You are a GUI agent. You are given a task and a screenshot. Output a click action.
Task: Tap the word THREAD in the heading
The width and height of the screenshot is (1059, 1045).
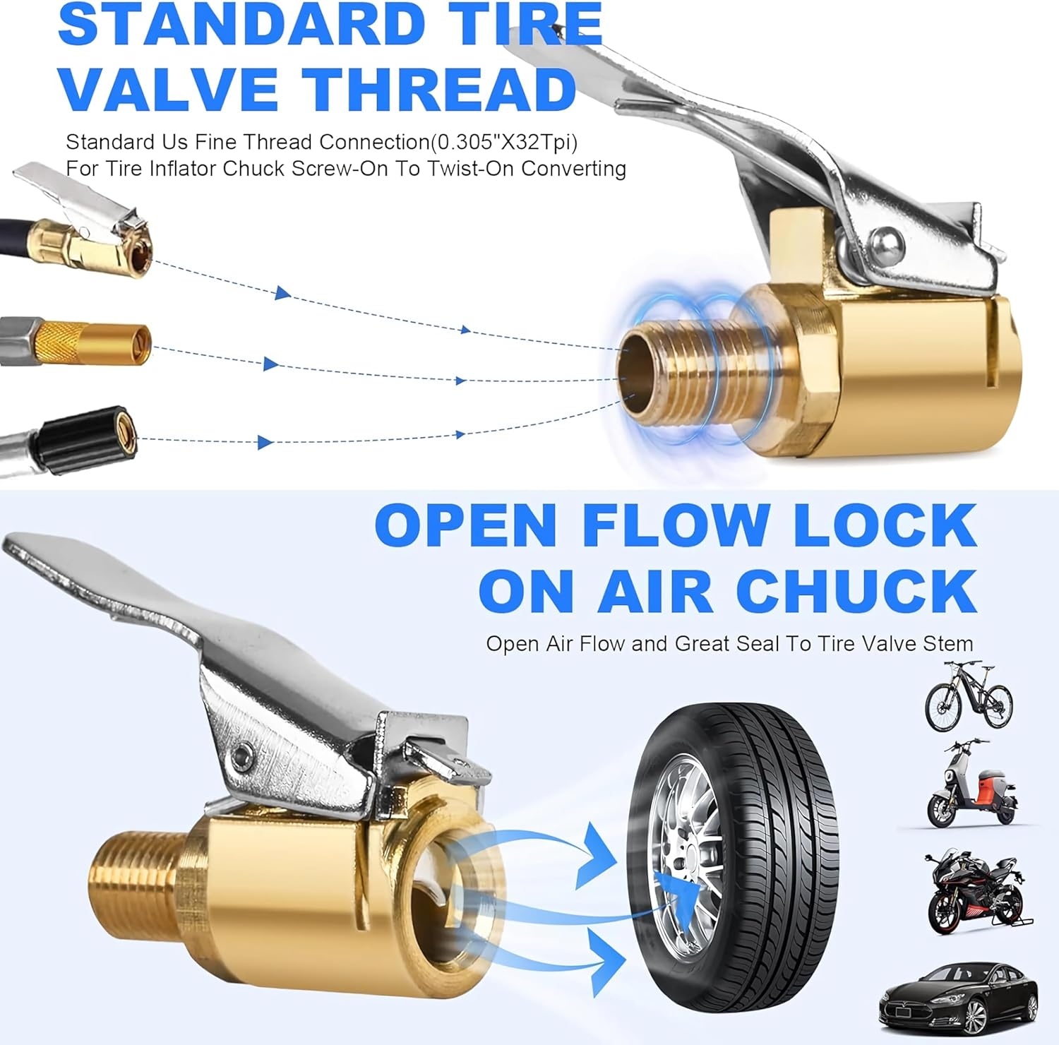tap(441, 89)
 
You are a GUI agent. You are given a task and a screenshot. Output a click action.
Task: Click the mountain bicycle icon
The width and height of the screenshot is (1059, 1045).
tap(969, 696)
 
